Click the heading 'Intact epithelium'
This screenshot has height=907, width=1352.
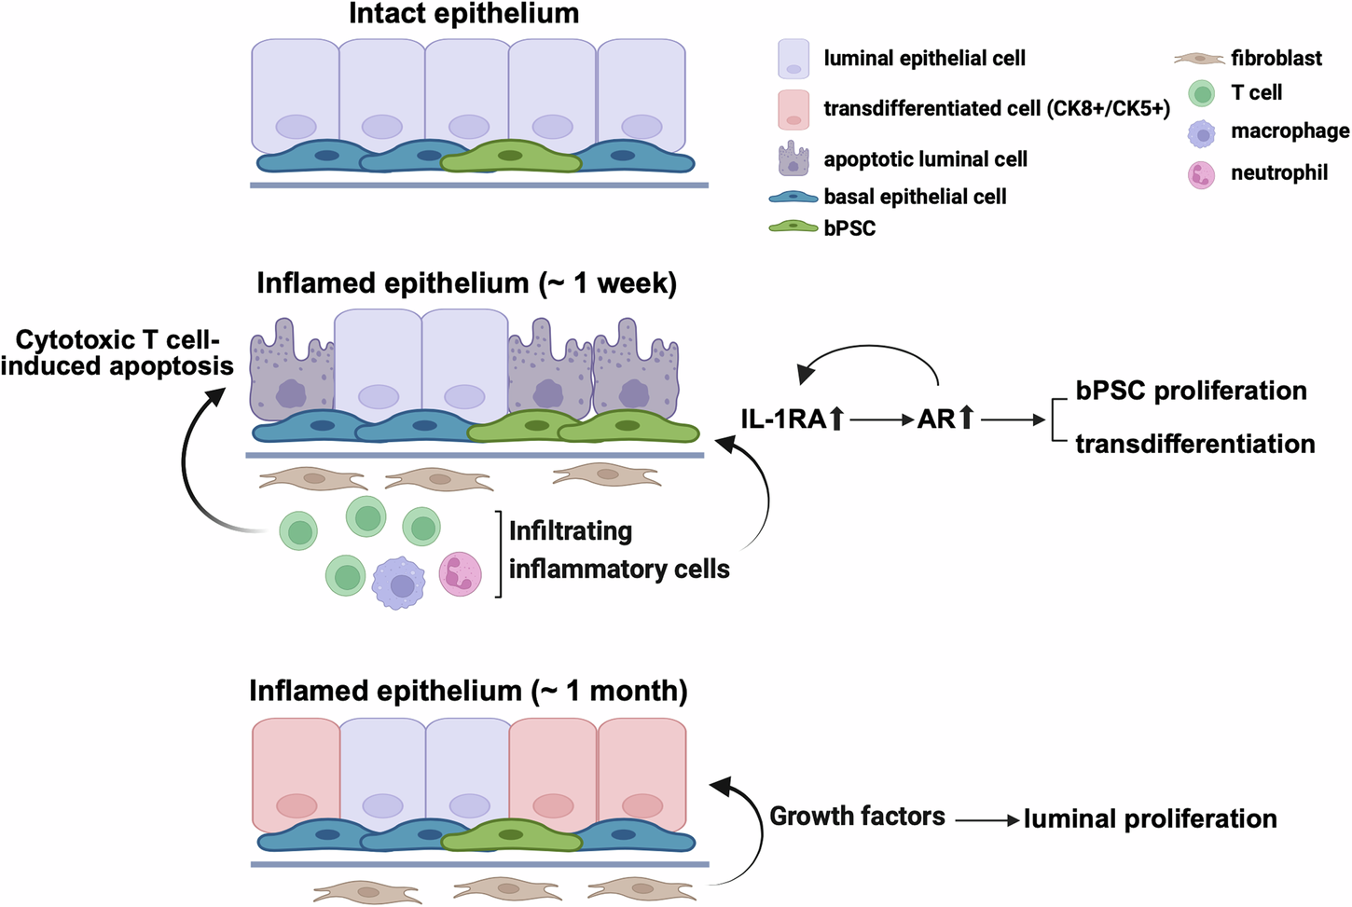pos(463,14)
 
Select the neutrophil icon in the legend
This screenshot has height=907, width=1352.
pos(1201,174)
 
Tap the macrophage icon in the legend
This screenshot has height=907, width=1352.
pos(1201,133)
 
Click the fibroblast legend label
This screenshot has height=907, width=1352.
pos(1276,59)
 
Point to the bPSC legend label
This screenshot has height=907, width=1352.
pos(849,228)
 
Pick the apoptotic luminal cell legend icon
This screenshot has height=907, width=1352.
pos(793,158)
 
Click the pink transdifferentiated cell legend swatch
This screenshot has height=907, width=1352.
pos(793,109)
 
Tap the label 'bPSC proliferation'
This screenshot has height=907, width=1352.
pos(1191,391)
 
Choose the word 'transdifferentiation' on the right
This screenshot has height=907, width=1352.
pos(1194,444)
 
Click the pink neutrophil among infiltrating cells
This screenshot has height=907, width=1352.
pos(460,573)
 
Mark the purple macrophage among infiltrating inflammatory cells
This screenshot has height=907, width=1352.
pos(399,584)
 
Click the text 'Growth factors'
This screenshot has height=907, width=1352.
pos(857,817)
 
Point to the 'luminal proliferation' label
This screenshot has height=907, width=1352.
pos(1150,818)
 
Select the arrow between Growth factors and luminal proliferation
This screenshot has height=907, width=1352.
pos(986,820)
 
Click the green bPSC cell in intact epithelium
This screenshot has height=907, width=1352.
pos(510,158)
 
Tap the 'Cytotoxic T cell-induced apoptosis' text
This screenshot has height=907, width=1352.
pos(117,353)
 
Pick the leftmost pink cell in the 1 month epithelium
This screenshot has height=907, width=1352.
pos(297,774)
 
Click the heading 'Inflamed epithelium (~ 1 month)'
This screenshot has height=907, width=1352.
pos(468,691)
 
